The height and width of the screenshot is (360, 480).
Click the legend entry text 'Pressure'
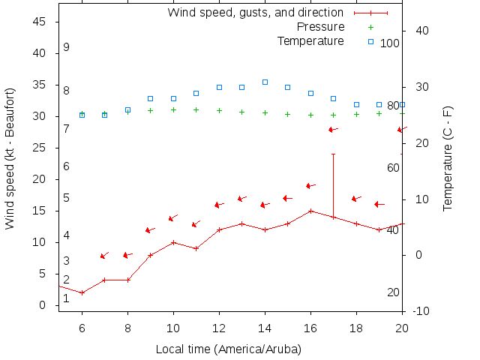point(321,27)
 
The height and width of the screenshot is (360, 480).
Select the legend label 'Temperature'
point(310,40)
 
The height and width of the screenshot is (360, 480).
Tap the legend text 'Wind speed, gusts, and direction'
point(255,13)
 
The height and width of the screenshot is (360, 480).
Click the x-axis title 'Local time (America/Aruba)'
point(229,349)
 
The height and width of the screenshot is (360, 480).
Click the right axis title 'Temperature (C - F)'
point(448,157)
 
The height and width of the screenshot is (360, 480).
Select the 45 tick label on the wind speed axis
point(40,22)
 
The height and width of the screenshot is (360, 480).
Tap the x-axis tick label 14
point(265,328)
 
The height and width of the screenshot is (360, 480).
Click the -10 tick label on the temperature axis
point(421,311)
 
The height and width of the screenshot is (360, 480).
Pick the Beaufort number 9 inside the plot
point(66,47)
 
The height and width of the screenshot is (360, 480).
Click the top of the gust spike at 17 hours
point(333,154)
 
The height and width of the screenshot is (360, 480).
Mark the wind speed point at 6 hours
point(82,292)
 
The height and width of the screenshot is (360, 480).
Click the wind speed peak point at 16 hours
point(310,211)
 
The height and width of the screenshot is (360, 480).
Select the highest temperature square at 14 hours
point(265,82)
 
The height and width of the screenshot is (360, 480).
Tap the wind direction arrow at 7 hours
point(104,256)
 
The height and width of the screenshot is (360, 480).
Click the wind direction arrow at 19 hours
point(379,204)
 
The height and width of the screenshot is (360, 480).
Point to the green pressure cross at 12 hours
point(219,110)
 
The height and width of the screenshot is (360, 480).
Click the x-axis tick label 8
point(127,328)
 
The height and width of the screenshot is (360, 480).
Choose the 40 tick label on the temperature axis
point(421,31)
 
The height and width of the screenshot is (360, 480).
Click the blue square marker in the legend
point(370,41)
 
